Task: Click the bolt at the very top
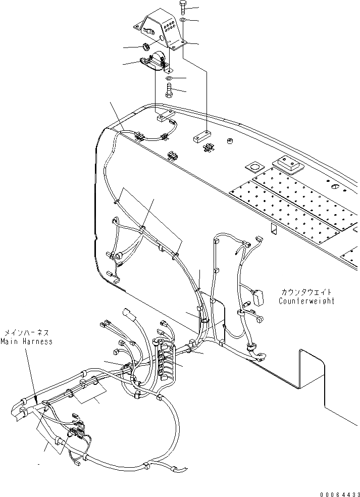(x=182, y=8)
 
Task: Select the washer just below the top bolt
(x=182, y=20)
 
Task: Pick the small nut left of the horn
(x=146, y=48)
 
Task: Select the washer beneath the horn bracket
(x=168, y=79)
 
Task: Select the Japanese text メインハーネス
(x=28, y=333)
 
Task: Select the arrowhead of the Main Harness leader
(x=36, y=402)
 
